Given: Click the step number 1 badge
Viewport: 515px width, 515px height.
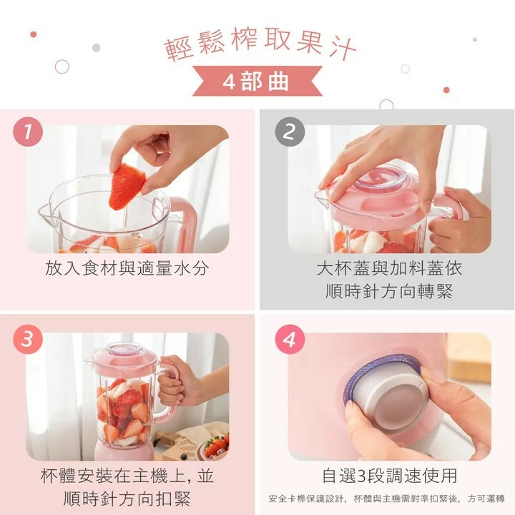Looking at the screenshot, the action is [x=28, y=132].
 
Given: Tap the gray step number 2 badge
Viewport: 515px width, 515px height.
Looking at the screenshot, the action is [x=290, y=132].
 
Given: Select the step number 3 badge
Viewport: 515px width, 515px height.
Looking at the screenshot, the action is [x=28, y=339].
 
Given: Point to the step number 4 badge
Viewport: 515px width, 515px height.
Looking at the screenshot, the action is [x=290, y=339].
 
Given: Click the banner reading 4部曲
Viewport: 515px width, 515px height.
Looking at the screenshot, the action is [x=257, y=81].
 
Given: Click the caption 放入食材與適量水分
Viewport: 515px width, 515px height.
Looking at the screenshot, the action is [x=127, y=268].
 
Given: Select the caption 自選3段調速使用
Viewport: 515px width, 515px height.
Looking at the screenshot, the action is [x=390, y=475].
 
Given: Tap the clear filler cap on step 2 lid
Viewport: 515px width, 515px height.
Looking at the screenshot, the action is [x=383, y=180].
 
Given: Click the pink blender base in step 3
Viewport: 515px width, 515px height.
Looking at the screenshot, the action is [x=124, y=450].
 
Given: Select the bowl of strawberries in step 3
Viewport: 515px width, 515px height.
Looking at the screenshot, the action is [x=212, y=447].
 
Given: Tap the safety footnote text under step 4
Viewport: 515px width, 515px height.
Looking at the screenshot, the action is [x=386, y=499].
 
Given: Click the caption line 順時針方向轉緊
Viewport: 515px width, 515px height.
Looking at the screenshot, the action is [x=389, y=291].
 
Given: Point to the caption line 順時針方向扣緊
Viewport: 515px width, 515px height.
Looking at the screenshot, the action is [x=127, y=499].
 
